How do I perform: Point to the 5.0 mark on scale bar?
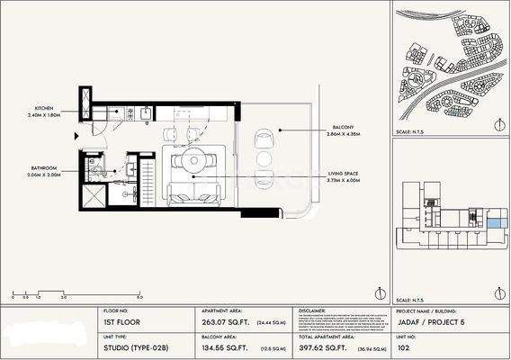pos(139,296)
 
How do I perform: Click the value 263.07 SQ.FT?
pos(220,320)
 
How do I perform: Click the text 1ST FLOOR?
pos(120,320)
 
